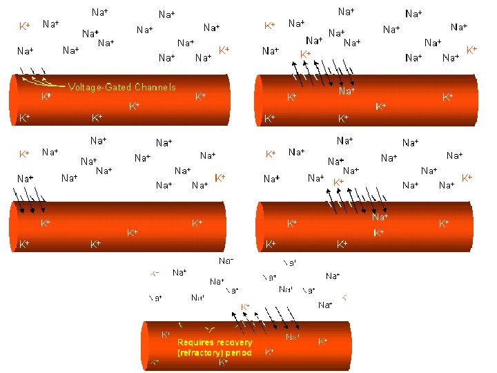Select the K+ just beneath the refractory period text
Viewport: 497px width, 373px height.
[x=224, y=362]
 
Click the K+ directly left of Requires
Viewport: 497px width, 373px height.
[x=166, y=335]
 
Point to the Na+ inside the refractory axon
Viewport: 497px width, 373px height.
[x=293, y=337]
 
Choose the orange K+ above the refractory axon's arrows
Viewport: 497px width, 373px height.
[x=245, y=306]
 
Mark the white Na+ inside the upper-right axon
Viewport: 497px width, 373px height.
[x=347, y=90]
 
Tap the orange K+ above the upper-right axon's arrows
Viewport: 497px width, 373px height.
[x=304, y=53]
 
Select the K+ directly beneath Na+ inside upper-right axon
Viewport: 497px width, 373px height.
[x=380, y=106]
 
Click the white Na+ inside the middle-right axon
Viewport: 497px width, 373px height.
[x=380, y=217]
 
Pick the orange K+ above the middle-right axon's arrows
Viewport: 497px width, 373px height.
[x=338, y=182]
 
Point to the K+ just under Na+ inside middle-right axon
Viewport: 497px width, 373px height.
[x=379, y=233]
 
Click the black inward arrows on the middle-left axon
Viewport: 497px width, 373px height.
[x=31, y=206]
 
